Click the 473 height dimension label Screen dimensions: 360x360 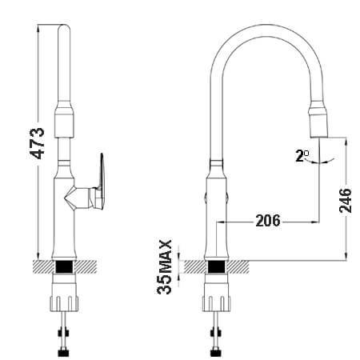38,143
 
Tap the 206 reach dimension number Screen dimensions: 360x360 268,221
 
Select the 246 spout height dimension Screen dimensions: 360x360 346,200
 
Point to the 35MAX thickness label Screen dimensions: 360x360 164,267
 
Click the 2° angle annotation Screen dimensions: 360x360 302,155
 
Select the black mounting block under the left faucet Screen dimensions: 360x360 64,266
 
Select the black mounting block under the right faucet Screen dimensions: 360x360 216,266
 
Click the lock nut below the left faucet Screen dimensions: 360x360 64,302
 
